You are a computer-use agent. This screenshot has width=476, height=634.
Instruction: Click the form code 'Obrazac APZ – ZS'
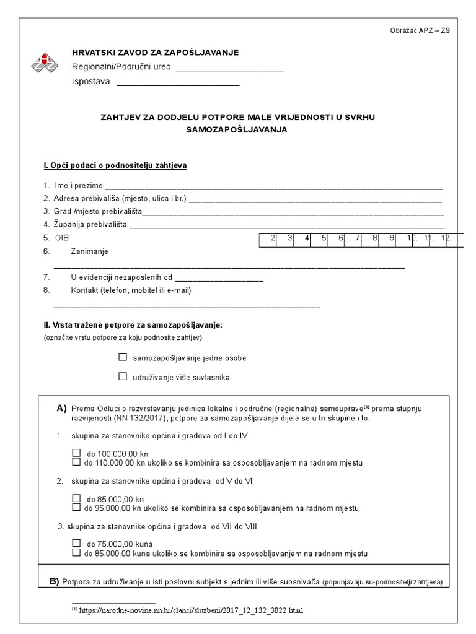click(420, 31)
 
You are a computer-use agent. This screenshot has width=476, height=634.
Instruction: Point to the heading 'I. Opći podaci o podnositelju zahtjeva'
click(115, 166)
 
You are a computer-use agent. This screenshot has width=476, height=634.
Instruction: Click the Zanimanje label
click(89, 251)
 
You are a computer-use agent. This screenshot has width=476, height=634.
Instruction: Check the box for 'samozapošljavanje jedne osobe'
click(123, 357)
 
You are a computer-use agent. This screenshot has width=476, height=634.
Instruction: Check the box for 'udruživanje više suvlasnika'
click(123, 376)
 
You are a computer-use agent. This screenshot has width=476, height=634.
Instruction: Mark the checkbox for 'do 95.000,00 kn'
click(76, 508)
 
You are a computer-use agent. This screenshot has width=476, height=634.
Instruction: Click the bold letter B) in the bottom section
click(54, 581)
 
